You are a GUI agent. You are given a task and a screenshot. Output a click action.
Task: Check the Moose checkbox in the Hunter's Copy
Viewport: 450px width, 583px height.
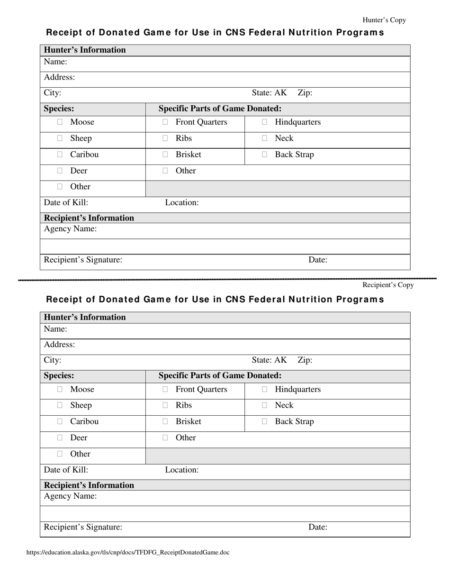[60, 122]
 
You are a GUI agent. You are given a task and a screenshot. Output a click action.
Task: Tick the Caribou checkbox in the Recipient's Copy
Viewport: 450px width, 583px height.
[60, 421]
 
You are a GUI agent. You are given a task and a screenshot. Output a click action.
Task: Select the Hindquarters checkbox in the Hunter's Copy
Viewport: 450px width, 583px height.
[264, 122]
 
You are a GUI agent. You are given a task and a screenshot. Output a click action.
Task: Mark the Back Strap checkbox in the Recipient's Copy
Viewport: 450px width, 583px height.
[264, 421]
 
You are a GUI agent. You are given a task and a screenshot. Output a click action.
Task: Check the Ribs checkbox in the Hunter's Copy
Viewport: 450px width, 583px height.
[165, 138]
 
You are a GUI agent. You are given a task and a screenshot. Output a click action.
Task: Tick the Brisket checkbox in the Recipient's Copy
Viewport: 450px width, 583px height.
[165, 421]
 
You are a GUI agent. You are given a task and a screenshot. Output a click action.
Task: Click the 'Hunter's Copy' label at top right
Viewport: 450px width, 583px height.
[384, 20]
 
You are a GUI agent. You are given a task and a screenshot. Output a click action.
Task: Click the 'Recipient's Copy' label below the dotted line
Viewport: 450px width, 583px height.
[388, 285]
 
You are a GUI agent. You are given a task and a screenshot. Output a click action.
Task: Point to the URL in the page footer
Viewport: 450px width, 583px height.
[128, 552]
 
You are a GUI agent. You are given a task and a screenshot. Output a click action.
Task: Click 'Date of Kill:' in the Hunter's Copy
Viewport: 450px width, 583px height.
[66, 203]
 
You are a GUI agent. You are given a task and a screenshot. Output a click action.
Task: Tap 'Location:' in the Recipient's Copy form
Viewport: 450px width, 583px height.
[182, 470]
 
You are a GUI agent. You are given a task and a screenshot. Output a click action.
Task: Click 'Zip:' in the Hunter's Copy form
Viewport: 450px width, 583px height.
[305, 93]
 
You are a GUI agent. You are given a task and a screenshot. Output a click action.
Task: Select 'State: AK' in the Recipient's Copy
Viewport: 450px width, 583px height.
[270, 360]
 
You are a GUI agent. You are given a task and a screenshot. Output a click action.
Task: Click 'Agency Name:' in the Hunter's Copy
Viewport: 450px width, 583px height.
[71, 229]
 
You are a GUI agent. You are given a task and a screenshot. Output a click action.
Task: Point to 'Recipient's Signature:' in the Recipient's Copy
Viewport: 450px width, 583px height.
[83, 527]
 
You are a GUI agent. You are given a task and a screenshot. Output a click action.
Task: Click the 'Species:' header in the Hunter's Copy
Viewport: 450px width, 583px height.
[59, 109]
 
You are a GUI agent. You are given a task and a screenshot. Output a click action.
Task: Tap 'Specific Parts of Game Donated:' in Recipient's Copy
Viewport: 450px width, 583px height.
[220, 375]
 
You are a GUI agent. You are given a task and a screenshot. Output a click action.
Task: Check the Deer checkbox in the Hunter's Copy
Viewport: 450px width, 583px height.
[60, 171]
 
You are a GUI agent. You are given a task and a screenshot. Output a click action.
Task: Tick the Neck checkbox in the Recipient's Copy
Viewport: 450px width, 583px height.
[264, 405]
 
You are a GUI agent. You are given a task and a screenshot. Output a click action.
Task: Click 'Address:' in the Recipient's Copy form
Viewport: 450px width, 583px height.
[60, 345]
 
